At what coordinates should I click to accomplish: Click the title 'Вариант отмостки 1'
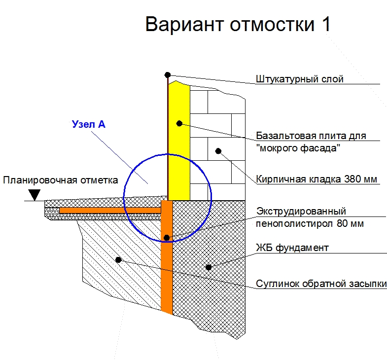click(238, 24)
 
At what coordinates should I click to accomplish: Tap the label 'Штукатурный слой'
click(299, 79)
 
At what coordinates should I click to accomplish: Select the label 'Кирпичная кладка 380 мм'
click(317, 179)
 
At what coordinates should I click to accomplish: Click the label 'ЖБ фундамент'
click(292, 248)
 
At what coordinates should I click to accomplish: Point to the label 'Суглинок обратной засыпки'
click(321, 284)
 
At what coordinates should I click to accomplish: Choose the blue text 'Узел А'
click(89, 124)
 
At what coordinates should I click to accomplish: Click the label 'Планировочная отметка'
click(61, 180)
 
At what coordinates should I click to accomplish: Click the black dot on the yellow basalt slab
click(179, 123)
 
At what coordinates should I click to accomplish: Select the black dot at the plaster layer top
click(168, 74)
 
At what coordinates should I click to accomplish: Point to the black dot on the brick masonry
click(218, 151)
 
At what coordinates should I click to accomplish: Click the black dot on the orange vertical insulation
click(167, 238)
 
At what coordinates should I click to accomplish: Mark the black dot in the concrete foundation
click(209, 267)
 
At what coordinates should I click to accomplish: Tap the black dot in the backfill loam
click(118, 260)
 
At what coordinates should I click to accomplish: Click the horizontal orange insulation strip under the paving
click(110, 210)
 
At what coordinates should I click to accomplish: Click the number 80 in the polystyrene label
click(342, 223)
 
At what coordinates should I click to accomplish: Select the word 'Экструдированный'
click(301, 212)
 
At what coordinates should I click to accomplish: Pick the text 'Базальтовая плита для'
click(311, 136)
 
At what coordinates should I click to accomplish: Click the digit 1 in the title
click(326, 24)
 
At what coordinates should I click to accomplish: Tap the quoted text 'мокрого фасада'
click(298, 148)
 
